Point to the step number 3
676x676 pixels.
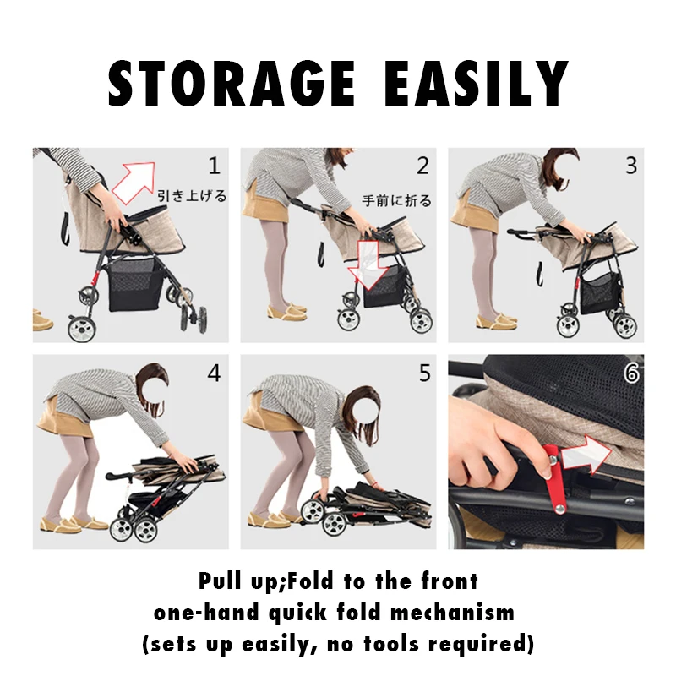(630, 165)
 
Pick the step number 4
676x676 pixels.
(214, 372)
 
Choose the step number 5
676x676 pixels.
(422, 373)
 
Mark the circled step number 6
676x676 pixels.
(630, 373)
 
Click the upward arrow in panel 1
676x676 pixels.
(135, 181)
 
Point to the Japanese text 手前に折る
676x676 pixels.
(396, 201)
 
